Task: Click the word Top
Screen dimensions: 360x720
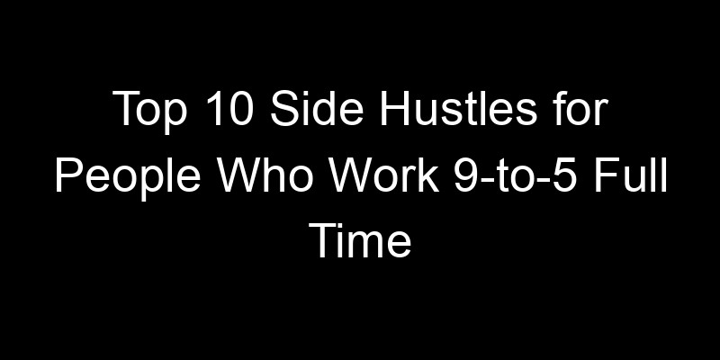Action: [x=145, y=117]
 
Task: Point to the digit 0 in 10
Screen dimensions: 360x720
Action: [x=233, y=117]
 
